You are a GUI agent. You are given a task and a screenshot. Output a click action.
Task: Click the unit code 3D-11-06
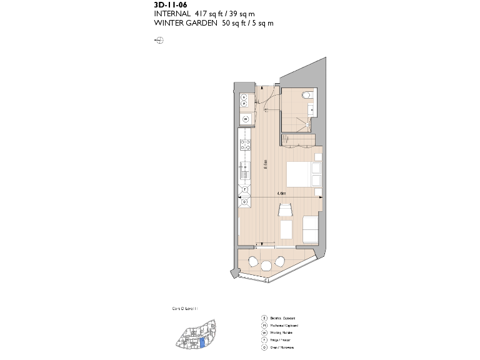pos(170,4)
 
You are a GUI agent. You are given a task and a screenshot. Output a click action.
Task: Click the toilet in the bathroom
pos(306,96)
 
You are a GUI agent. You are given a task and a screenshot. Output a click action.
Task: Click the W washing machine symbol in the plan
pos(244,119)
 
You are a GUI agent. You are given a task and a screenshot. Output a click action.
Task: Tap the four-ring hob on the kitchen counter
pos(244,146)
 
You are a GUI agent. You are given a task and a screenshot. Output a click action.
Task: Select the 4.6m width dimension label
pos(281,193)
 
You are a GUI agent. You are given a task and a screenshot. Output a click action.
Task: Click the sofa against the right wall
pos(309,229)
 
